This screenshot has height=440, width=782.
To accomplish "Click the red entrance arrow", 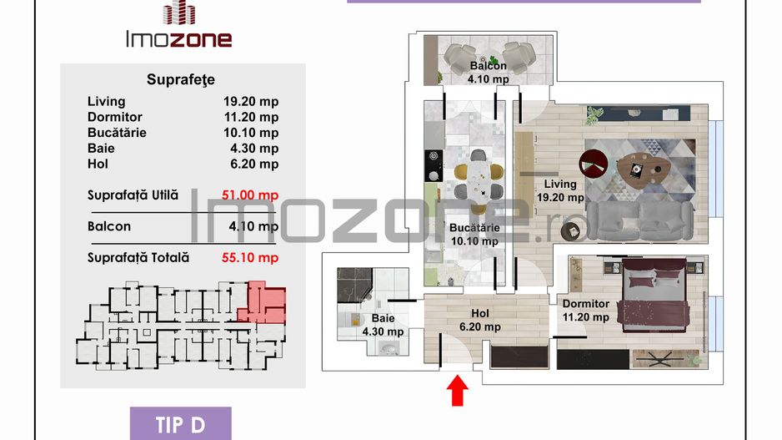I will click(456, 389).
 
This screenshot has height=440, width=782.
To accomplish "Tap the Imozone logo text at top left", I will click(178, 38).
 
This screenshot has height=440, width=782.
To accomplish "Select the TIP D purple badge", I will click(180, 424).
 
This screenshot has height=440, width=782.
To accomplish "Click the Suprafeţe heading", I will click(181, 80).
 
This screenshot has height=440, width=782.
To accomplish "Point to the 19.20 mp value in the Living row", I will click(251, 102).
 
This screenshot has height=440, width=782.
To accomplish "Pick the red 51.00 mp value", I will click(250, 195).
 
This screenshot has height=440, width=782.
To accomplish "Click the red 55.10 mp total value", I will click(250, 257).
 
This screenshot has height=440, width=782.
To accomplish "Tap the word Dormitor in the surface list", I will click(115, 118).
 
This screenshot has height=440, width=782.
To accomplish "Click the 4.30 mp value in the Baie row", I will click(254, 149).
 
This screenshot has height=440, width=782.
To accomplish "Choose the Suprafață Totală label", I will click(138, 257).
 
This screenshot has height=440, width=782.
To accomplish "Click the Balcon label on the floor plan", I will click(489, 67).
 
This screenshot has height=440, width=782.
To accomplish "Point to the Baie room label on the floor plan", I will click(383, 325).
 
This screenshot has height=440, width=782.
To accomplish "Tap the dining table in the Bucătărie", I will click(479, 178).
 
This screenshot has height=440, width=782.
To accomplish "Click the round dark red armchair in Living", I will click(594, 162).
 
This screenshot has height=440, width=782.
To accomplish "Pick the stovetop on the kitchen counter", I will click(433, 164).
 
